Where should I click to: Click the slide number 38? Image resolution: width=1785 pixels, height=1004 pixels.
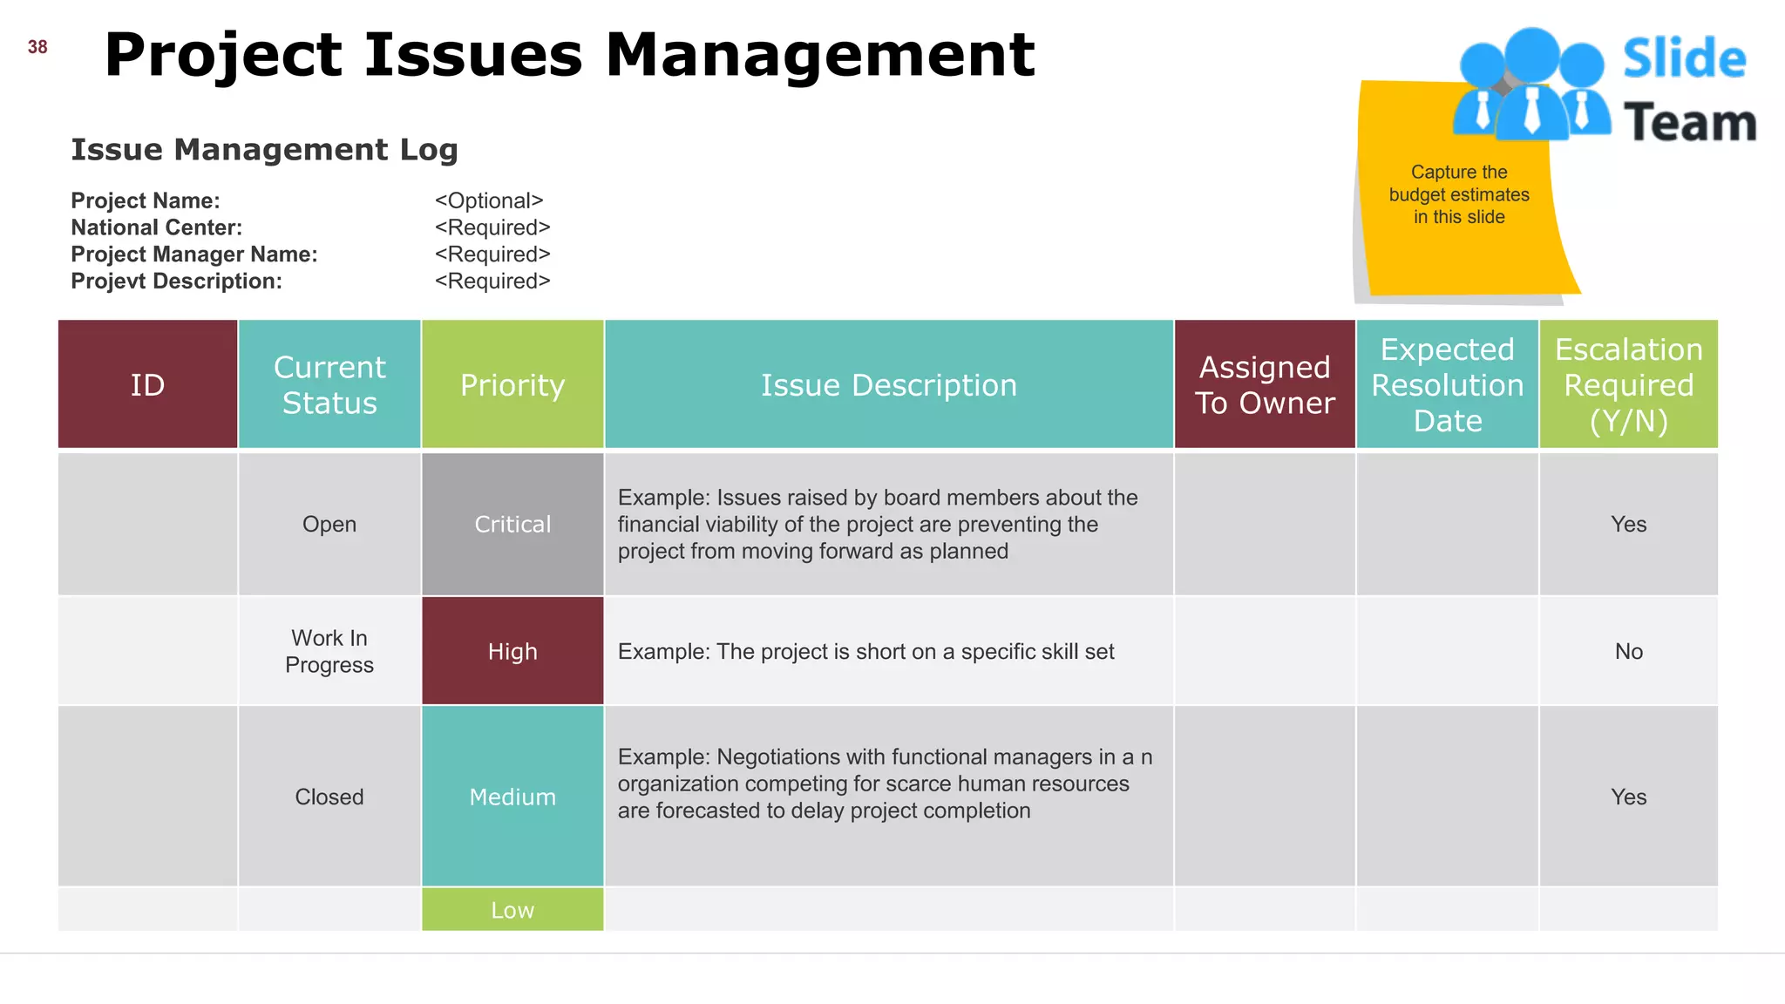pos(37,47)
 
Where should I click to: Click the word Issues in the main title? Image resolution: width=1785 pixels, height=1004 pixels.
pos(472,55)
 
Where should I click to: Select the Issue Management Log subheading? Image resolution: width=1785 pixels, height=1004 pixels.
pos(264,150)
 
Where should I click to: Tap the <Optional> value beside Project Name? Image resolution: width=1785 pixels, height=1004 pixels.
pos(489,200)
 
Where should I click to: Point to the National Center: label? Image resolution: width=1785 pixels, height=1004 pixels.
pos(157,227)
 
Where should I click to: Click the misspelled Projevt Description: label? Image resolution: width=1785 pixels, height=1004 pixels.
pos(176,282)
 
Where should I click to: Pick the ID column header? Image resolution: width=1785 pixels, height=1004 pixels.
pos(147,385)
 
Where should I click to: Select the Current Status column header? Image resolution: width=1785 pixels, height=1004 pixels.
pos(329,385)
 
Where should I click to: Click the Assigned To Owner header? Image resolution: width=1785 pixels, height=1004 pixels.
pos(1265,385)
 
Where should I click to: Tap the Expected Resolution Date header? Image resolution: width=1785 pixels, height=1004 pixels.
pos(1447,385)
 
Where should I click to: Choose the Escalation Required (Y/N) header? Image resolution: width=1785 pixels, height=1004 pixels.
pos(1628,385)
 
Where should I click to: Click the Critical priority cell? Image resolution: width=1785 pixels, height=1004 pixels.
pos(512,525)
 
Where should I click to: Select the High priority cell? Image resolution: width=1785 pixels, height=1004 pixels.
pos(512,652)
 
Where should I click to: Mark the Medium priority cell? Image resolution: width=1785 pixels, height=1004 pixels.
pos(512,797)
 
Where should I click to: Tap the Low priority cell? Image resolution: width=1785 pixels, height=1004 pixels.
pos(512,910)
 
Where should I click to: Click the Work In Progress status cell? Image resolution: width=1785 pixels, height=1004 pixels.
pos(329,652)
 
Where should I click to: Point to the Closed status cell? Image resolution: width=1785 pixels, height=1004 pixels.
pos(329,797)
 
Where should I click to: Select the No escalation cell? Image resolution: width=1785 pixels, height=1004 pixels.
pos(1628,652)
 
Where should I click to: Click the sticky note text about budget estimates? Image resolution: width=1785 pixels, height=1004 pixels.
pos(1459,194)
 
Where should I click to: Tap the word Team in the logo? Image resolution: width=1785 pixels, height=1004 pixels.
pos(1690,123)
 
